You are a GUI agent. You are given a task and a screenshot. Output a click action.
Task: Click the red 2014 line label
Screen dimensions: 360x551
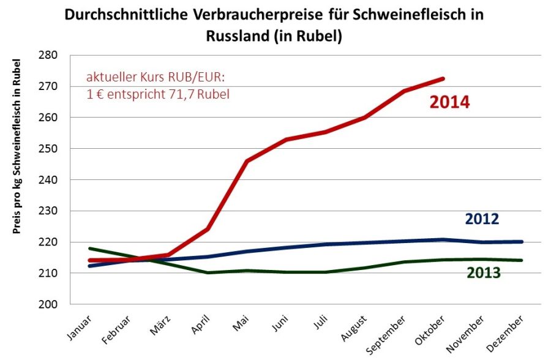[x=449, y=102]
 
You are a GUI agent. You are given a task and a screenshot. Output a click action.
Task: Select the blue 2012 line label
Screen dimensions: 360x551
[x=482, y=219]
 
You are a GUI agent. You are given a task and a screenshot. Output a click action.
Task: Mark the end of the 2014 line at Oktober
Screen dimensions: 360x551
[x=443, y=78]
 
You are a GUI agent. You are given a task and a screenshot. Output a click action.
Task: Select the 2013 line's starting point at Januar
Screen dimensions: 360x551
[x=90, y=249]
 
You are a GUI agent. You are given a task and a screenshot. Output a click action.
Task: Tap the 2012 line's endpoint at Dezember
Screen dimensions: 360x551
[x=522, y=242]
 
